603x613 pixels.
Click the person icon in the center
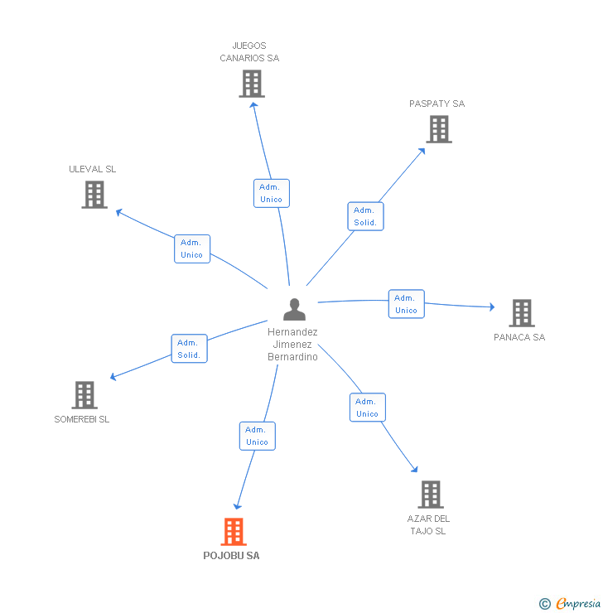tap(294, 309)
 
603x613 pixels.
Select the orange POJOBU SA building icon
tap(234, 532)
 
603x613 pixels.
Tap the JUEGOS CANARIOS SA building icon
tap(252, 84)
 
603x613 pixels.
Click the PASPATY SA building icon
tap(439, 129)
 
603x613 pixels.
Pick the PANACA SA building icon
tap(521, 313)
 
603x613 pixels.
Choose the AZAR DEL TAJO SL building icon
tap(430, 495)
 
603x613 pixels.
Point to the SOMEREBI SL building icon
tap(84, 395)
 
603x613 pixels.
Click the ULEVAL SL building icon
tap(94, 195)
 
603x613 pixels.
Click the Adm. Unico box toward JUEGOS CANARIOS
tap(271, 193)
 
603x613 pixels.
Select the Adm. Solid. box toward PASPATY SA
tap(365, 216)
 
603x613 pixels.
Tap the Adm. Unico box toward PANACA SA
tap(406, 304)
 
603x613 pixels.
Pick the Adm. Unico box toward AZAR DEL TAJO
tap(367, 408)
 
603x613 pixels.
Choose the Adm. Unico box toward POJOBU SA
tap(257, 436)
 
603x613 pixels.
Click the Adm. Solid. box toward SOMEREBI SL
tap(189, 349)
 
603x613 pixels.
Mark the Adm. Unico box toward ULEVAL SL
tap(191, 249)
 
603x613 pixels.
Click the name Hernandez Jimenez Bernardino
tap(293, 344)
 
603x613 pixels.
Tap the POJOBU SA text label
tap(231, 556)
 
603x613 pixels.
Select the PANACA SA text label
tap(519, 337)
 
